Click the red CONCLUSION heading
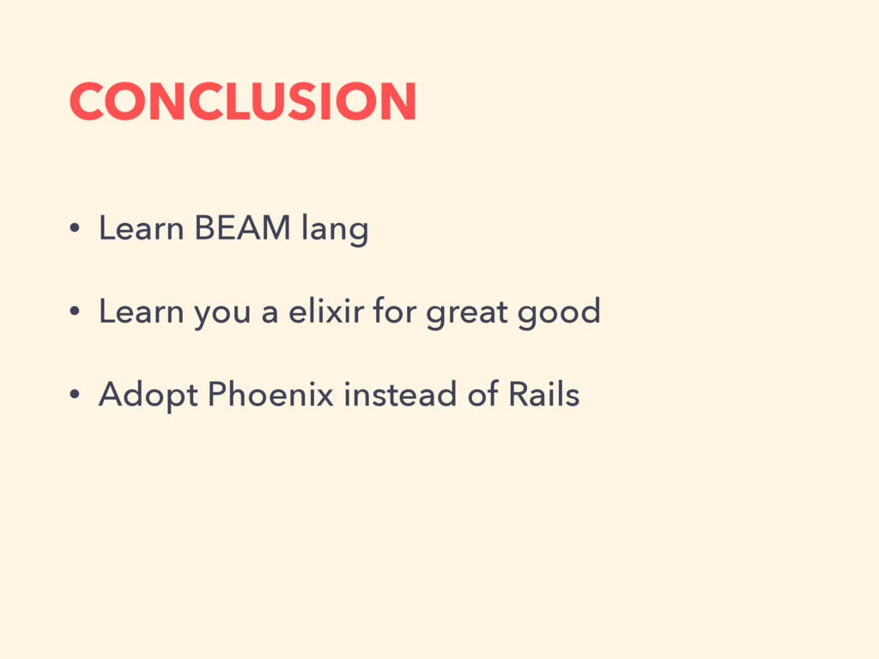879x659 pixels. (x=243, y=101)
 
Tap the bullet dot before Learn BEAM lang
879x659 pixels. (x=75, y=228)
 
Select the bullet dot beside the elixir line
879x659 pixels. (x=75, y=311)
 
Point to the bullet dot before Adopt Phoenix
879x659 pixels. (x=75, y=394)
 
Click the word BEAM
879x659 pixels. (x=242, y=227)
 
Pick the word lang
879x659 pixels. (x=335, y=229)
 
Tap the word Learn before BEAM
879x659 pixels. (x=142, y=227)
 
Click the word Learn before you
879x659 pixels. (x=142, y=311)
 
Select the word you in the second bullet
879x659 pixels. (x=222, y=314)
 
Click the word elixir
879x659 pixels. (x=326, y=310)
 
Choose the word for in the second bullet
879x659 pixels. (x=395, y=310)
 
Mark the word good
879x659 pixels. (x=559, y=312)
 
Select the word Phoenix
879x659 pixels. (x=270, y=393)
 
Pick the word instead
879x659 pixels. (x=400, y=393)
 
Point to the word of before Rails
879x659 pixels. (x=482, y=393)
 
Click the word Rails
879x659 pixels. (x=543, y=393)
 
